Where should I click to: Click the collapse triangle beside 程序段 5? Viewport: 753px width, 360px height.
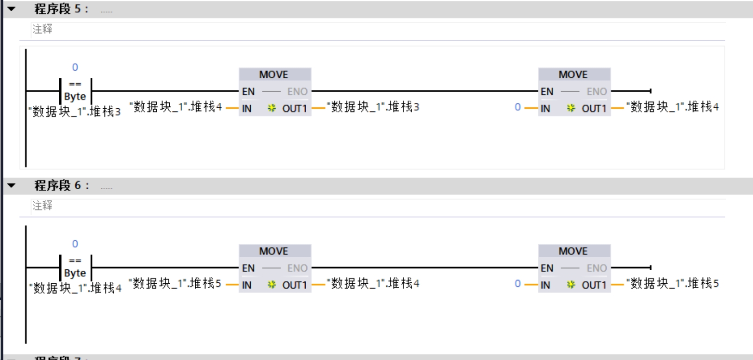click(x=12, y=9)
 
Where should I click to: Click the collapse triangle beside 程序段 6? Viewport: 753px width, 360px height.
click(x=12, y=186)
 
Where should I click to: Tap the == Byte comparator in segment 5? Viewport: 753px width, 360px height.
click(x=75, y=91)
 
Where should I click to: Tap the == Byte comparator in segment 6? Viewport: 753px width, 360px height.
click(x=75, y=267)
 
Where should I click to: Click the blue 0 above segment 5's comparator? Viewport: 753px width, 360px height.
click(x=75, y=68)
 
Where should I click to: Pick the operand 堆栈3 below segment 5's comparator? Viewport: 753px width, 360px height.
click(x=75, y=112)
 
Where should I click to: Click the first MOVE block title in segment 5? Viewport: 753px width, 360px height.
click(x=273, y=74)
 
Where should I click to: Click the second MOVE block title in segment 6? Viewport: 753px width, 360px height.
click(x=573, y=251)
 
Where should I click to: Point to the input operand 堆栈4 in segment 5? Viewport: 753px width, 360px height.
click(x=176, y=107)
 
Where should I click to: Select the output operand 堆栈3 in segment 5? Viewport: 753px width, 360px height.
click(x=373, y=107)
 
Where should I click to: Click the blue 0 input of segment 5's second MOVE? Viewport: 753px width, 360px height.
click(x=518, y=107)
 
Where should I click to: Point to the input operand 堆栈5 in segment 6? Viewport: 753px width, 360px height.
click(x=175, y=283)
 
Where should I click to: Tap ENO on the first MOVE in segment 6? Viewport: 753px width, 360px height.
click(x=297, y=268)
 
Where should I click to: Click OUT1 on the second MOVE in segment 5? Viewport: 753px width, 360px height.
click(x=594, y=109)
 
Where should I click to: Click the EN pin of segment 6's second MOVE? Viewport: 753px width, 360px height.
click(x=547, y=268)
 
